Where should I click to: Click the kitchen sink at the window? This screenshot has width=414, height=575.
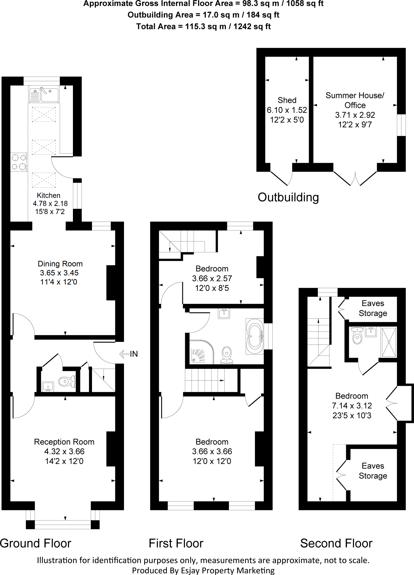point(44,94)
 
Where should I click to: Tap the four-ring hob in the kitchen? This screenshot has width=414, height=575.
point(19,162)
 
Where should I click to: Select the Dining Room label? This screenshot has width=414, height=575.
point(60,264)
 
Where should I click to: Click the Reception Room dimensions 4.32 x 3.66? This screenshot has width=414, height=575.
point(64,451)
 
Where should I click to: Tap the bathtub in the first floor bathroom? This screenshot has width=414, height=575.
point(255,336)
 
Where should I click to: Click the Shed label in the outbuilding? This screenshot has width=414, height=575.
point(287,100)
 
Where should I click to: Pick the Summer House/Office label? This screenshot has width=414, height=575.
point(355,100)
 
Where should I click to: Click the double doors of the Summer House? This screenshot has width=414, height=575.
point(355,178)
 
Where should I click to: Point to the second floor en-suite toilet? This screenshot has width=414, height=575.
point(357,336)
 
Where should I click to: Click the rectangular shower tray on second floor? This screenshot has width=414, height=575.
point(389,342)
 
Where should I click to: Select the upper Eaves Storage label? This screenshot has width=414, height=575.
point(373,308)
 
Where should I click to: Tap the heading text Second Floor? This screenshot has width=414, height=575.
point(336,543)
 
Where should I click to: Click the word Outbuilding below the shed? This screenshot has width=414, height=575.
point(288,197)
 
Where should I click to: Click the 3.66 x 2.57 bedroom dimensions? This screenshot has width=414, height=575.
point(212,279)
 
